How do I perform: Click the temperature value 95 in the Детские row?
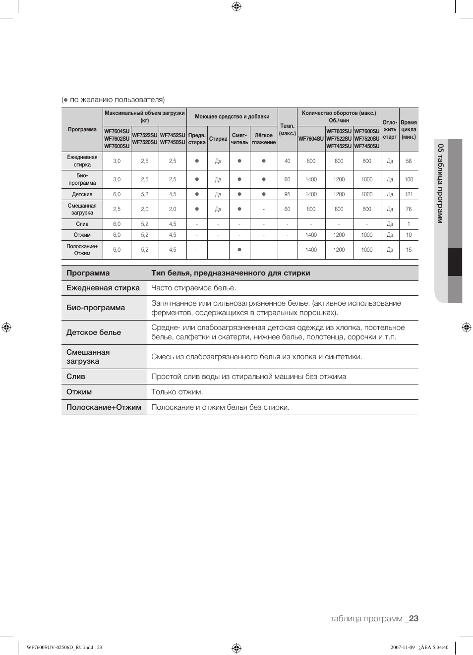(x=287, y=194)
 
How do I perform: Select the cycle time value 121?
(x=409, y=194)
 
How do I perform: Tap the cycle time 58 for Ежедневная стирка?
(x=409, y=161)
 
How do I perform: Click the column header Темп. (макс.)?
(x=287, y=130)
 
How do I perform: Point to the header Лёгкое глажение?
(x=263, y=139)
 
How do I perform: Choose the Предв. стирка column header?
(x=197, y=139)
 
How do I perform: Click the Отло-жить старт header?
(x=390, y=130)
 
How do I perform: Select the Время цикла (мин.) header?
(x=409, y=130)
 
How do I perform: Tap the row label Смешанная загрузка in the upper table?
(x=82, y=209)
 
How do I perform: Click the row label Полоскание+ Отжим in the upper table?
(x=82, y=250)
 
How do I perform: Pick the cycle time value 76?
(x=409, y=209)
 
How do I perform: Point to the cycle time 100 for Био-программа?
(x=409, y=179)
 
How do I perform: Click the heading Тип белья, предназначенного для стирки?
(x=231, y=273)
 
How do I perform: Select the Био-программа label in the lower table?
(x=96, y=308)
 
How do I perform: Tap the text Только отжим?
(x=177, y=392)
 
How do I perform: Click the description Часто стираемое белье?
(x=193, y=288)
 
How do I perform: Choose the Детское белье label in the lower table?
(x=94, y=332)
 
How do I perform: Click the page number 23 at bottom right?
(x=414, y=618)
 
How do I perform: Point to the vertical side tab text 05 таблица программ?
(x=440, y=183)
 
